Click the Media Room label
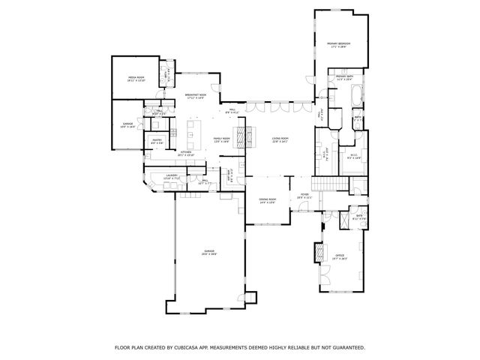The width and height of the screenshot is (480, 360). tap(135, 78)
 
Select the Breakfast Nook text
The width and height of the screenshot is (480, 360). tap(196, 96)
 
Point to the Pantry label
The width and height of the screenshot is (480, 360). tap(157, 140)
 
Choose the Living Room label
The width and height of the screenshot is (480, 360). tap(280, 139)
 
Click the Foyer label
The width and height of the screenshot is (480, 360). tap(304, 196)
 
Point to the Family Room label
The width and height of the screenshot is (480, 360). tap(221, 139)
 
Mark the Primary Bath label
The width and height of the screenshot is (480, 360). tap(343, 78)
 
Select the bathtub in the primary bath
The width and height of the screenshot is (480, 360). tap(355, 96)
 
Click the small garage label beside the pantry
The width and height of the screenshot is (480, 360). tap(128, 125)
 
